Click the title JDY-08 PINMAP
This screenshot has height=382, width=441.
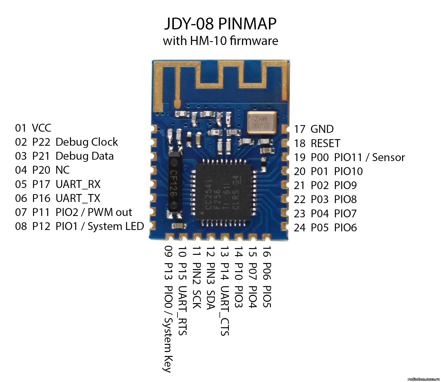(x=220, y=24)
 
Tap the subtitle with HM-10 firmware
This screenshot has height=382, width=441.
(x=220, y=41)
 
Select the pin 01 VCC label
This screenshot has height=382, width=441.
(x=33, y=128)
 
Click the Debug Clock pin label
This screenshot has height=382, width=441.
(x=87, y=142)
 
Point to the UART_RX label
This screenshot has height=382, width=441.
(x=78, y=184)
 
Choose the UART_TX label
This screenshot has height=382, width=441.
(x=78, y=198)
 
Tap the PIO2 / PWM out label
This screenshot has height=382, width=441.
(x=94, y=212)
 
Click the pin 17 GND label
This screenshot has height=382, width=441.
(x=314, y=129)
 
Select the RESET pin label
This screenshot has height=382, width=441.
(x=325, y=143)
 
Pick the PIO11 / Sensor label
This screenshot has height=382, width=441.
(x=369, y=157)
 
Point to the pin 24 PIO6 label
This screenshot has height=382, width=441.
(x=325, y=227)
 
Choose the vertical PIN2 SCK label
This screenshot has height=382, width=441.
(x=196, y=285)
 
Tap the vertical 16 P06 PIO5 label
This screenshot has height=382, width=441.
(x=267, y=277)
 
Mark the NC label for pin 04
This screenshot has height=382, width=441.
(x=63, y=170)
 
